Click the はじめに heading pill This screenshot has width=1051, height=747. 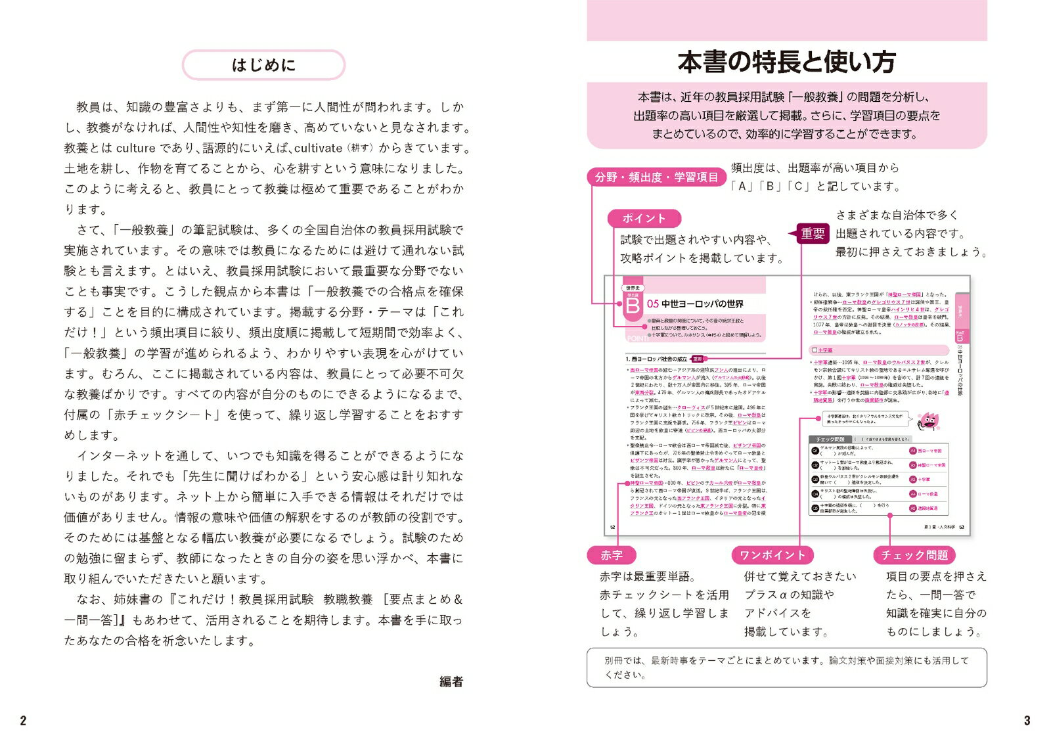[x=263, y=65]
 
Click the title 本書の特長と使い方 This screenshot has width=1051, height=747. [x=786, y=62]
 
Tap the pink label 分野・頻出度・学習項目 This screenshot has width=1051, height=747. [x=656, y=177]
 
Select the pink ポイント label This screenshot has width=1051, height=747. [x=644, y=219]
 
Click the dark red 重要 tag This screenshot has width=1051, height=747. [x=813, y=234]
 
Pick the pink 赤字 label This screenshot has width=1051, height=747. [x=611, y=555]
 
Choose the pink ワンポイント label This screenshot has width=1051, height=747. [x=772, y=555]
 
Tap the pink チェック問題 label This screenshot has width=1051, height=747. [x=914, y=555]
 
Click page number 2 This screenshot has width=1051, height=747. [x=23, y=721]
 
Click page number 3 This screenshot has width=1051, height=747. [x=1027, y=721]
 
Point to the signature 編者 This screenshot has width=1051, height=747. [x=451, y=682]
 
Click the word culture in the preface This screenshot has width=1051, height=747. [x=136, y=148]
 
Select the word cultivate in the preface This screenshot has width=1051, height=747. [x=319, y=148]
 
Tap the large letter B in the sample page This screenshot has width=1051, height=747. [x=632, y=306]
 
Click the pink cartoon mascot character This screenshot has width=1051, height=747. [x=928, y=421]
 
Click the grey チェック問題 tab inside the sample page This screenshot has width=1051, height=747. [x=830, y=439]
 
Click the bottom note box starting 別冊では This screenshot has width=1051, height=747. [x=786, y=668]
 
